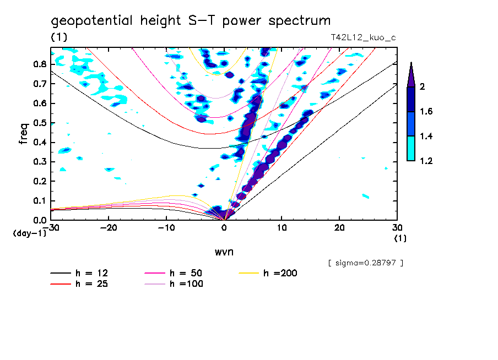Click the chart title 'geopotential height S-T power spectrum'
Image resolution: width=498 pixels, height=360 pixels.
click(x=191, y=21)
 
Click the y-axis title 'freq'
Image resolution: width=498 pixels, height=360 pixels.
click(x=23, y=134)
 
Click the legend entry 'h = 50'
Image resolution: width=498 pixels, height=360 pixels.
click(x=186, y=273)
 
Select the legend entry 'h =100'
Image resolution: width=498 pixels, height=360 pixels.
click(x=186, y=284)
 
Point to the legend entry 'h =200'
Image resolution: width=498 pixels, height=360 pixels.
click(x=280, y=273)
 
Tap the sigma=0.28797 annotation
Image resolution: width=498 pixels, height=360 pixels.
click(x=365, y=263)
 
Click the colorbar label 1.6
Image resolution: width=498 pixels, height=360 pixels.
click(x=426, y=112)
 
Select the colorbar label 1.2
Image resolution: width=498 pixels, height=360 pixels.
click(x=426, y=161)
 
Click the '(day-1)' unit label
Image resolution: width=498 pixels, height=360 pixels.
click(x=29, y=233)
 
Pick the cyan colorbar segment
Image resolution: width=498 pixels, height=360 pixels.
click(x=411, y=149)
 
